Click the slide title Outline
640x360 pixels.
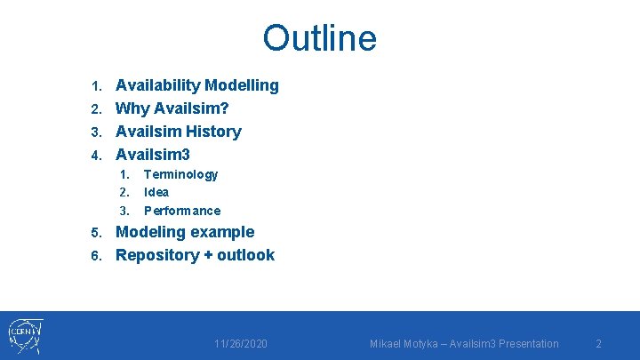click(319, 38)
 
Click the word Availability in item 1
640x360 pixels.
click(158, 85)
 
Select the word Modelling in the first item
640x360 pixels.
click(242, 85)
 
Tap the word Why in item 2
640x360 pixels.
click(133, 108)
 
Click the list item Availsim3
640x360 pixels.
click(153, 155)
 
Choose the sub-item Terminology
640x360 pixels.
click(180, 174)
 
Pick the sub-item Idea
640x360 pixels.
click(156, 192)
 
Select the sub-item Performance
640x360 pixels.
click(182, 211)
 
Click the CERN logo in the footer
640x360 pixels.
click(25, 336)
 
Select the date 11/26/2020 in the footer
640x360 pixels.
click(241, 344)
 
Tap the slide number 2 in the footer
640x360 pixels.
click(598, 344)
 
